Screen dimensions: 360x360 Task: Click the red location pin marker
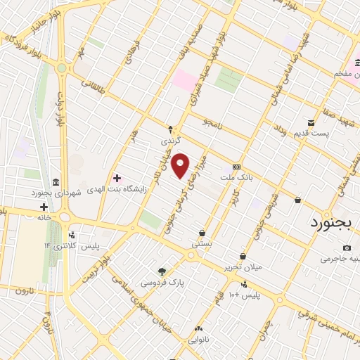click(181, 165)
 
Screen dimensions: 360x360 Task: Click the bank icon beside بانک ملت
click(236, 167)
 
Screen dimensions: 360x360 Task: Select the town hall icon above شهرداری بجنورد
click(56, 181)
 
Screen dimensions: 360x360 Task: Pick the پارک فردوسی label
click(158, 283)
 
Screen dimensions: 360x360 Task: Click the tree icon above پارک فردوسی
click(162, 271)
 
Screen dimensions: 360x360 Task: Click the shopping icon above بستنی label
click(202, 233)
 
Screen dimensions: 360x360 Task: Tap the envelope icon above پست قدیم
click(310, 122)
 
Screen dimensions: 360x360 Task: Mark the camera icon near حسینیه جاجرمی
click(347, 247)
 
